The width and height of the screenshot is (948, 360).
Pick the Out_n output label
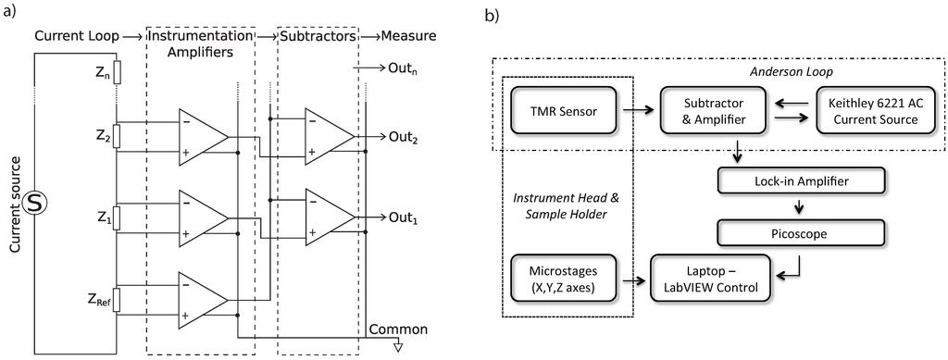tap(395, 68)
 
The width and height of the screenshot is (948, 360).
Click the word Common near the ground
tap(398, 329)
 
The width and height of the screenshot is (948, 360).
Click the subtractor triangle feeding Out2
tap(328, 137)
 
